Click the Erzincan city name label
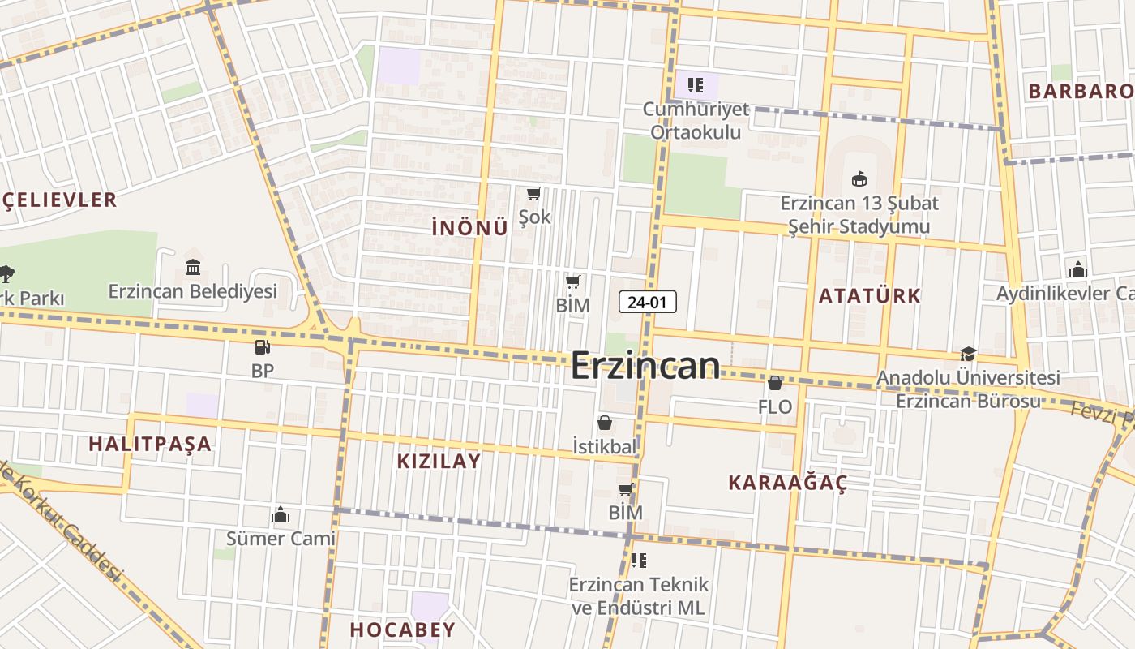tap(645, 366)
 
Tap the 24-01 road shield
tap(647, 303)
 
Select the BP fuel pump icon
tap(262, 347)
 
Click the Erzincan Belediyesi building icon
tap(193, 267)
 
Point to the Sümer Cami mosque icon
tap(281, 514)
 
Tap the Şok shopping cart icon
tap(533, 193)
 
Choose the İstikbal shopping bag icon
tap(605, 423)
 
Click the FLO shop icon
tap(775, 383)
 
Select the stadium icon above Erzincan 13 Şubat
tap(859, 178)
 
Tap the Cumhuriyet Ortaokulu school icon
tap(695, 84)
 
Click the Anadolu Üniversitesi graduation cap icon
tap(968, 354)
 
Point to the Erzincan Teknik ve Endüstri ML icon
tap(639, 561)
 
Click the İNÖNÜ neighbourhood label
tap(470, 228)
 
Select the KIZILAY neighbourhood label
tap(439, 461)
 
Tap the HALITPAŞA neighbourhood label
tap(150, 444)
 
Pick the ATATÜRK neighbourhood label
tap(869, 295)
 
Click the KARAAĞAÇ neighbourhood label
tap(787, 483)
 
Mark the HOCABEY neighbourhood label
tap(403, 629)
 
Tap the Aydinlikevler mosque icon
tap(1077, 269)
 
